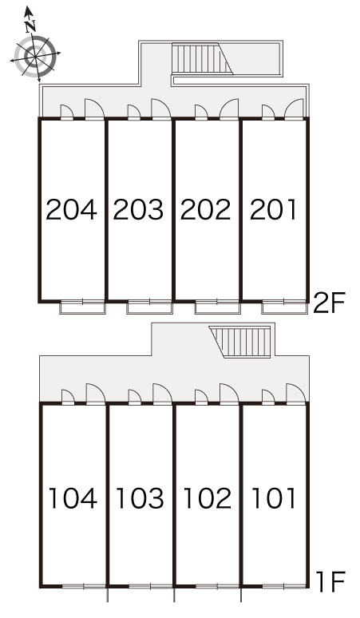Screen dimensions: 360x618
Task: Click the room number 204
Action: click(71, 209)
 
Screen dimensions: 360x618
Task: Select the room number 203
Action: click(138, 209)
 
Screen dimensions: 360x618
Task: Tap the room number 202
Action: click(206, 209)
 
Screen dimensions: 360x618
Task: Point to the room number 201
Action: click(273, 209)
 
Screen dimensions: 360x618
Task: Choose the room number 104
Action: click(73, 498)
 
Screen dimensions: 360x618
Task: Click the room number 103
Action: click(140, 498)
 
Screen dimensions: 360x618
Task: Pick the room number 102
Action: click(208, 498)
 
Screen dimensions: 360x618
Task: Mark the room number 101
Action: click(274, 498)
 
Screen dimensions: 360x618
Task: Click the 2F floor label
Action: click(329, 303)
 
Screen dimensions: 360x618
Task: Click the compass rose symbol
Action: click(35, 55)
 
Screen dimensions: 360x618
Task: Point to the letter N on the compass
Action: click(30, 26)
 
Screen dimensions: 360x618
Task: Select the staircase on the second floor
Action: click(203, 58)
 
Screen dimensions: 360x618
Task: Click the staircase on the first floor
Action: click(240, 342)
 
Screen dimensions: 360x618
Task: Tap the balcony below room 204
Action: click(83, 307)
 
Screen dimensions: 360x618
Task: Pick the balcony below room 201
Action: click(284, 307)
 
